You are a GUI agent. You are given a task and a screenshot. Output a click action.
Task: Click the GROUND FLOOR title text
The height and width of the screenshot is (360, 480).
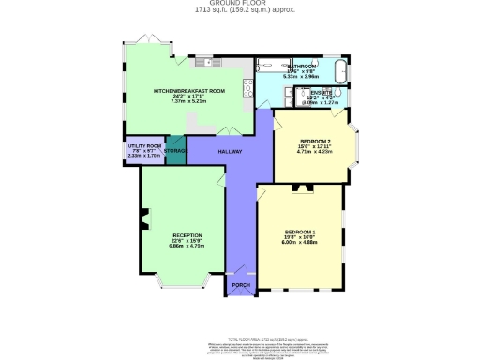[239, 5]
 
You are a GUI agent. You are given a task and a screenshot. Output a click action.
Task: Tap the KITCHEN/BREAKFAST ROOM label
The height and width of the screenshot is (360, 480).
[190, 91]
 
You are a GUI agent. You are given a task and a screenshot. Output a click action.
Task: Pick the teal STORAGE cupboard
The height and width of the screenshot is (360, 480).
[175, 151]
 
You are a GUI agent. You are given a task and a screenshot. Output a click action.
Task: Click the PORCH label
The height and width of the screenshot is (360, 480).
[239, 284]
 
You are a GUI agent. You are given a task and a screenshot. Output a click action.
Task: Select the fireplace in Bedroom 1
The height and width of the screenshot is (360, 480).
[301, 187]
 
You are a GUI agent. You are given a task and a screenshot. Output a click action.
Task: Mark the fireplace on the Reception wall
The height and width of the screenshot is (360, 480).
[143, 222]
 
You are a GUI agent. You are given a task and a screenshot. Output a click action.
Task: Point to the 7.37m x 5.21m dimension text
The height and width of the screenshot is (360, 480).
[190, 102]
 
